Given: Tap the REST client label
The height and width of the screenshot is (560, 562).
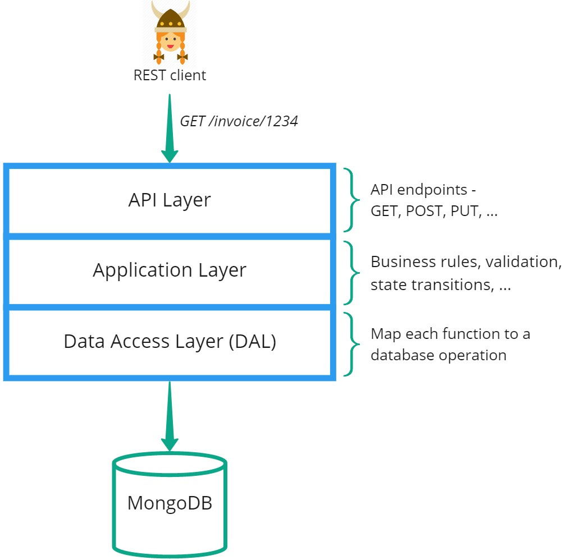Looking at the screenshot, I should coord(170,75).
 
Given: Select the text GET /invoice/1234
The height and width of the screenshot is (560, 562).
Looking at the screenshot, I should coord(238,121).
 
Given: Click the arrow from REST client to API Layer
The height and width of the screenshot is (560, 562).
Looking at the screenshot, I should coord(169,129).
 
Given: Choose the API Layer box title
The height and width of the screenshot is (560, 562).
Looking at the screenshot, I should coord(169,200).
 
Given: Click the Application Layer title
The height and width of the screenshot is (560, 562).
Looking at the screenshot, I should coord(169,270).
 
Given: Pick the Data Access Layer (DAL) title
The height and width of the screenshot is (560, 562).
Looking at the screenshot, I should coord(170,341).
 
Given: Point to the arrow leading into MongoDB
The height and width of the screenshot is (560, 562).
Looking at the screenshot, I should coord(169,415).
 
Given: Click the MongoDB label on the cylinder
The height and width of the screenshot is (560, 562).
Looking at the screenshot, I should coord(170,502).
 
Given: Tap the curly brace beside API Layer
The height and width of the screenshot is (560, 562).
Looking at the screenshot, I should coord(353,200).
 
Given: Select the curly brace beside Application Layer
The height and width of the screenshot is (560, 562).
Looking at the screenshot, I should coord(353,272).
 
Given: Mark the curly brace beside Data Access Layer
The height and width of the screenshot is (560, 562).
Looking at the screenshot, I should coord(353,344).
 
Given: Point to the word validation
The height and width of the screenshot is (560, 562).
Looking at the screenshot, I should coord(523,262).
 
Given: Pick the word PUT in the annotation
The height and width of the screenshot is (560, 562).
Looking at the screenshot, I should coord(463,212).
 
